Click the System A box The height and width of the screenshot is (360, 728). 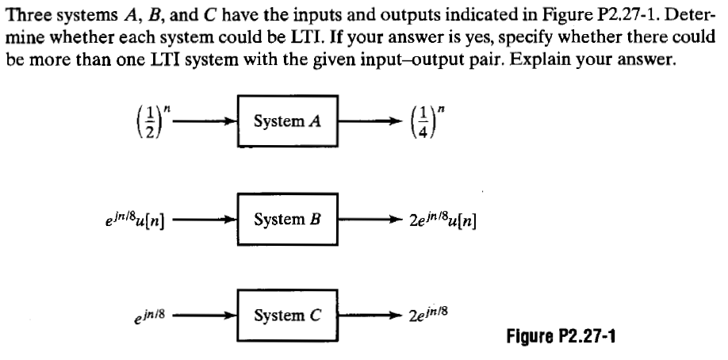288,122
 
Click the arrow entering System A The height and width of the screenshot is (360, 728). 205,123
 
